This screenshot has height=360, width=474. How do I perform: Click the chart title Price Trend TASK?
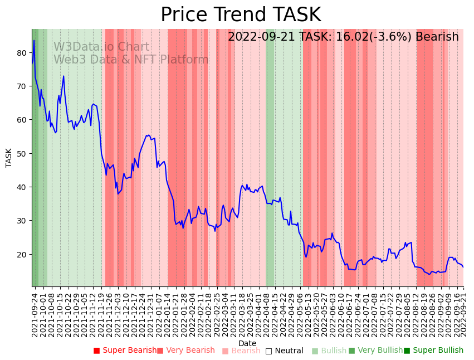[x=241, y=15]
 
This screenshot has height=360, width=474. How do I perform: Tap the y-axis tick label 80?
[x=22, y=53]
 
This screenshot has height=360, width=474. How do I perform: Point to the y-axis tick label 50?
[x=22, y=154]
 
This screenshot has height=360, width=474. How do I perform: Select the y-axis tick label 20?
[x=22, y=255]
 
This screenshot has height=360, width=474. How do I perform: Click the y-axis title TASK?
[x=9, y=158]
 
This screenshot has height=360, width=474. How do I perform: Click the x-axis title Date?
[x=247, y=344]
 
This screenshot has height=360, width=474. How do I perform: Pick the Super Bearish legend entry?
[x=125, y=351]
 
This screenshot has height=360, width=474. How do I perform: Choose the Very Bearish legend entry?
[x=186, y=351]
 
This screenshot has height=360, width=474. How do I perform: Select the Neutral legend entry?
[x=285, y=351]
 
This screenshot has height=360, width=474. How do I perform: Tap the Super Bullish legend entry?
[x=434, y=351]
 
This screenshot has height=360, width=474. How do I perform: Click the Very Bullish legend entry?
[x=375, y=351]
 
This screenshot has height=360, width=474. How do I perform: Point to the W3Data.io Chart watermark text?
[x=101, y=47]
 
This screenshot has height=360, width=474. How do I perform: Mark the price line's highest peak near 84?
[x=34, y=40]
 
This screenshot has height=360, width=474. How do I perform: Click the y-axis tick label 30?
[x=22, y=221]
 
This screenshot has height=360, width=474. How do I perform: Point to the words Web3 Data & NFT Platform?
[x=131, y=60]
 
